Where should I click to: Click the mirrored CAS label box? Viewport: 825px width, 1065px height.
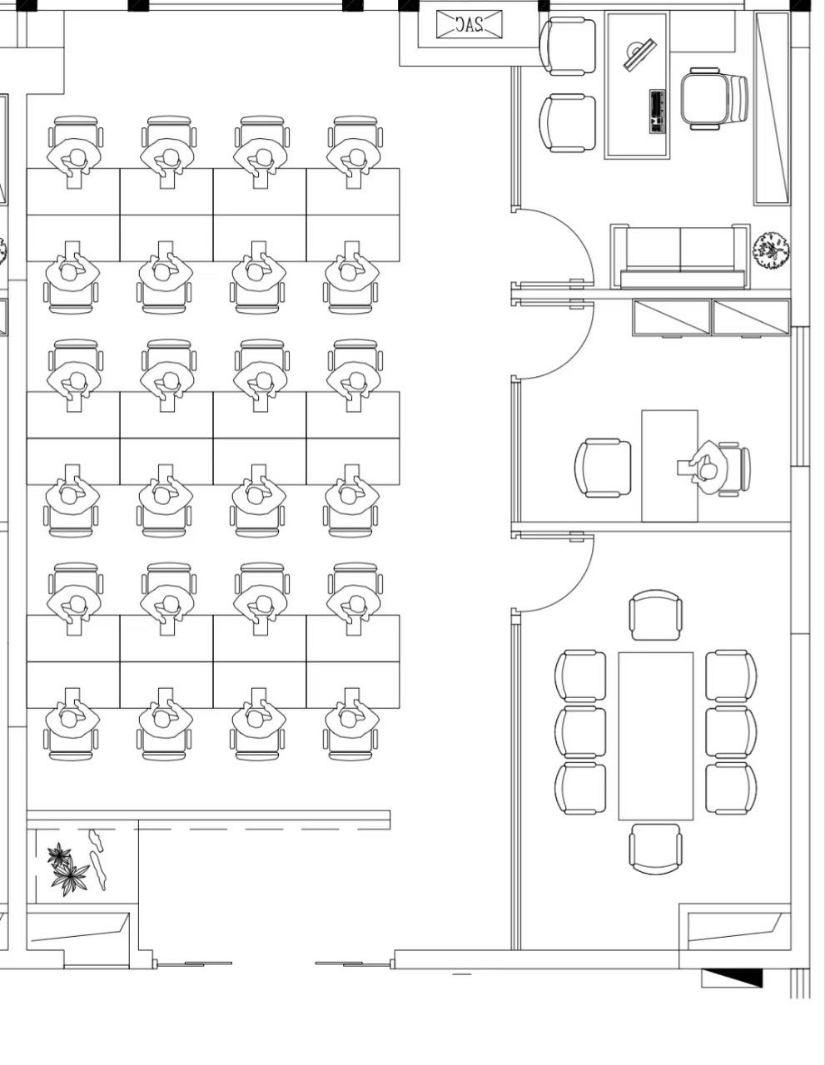[x=470, y=24]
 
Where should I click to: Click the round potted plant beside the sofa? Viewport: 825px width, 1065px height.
[x=771, y=251]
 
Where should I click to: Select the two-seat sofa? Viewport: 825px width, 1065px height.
[x=680, y=256]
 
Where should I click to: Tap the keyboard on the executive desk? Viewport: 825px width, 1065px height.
[x=658, y=111]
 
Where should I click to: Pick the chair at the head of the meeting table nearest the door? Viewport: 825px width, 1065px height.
[x=655, y=615]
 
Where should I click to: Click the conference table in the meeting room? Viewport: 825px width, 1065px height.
[x=655, y=736]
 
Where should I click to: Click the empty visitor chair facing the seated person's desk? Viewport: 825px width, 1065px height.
[x=603, y=468]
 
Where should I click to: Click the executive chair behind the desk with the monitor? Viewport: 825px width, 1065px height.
[x=713, y=99]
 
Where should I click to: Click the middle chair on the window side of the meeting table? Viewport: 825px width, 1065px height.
[x=731, y=732]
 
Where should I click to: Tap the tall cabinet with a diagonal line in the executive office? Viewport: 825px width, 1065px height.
[x=772, y=108]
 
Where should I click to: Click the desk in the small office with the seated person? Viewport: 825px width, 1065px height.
[x=669, y=466]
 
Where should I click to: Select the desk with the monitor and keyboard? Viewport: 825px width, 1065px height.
[x=637, y=85]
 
